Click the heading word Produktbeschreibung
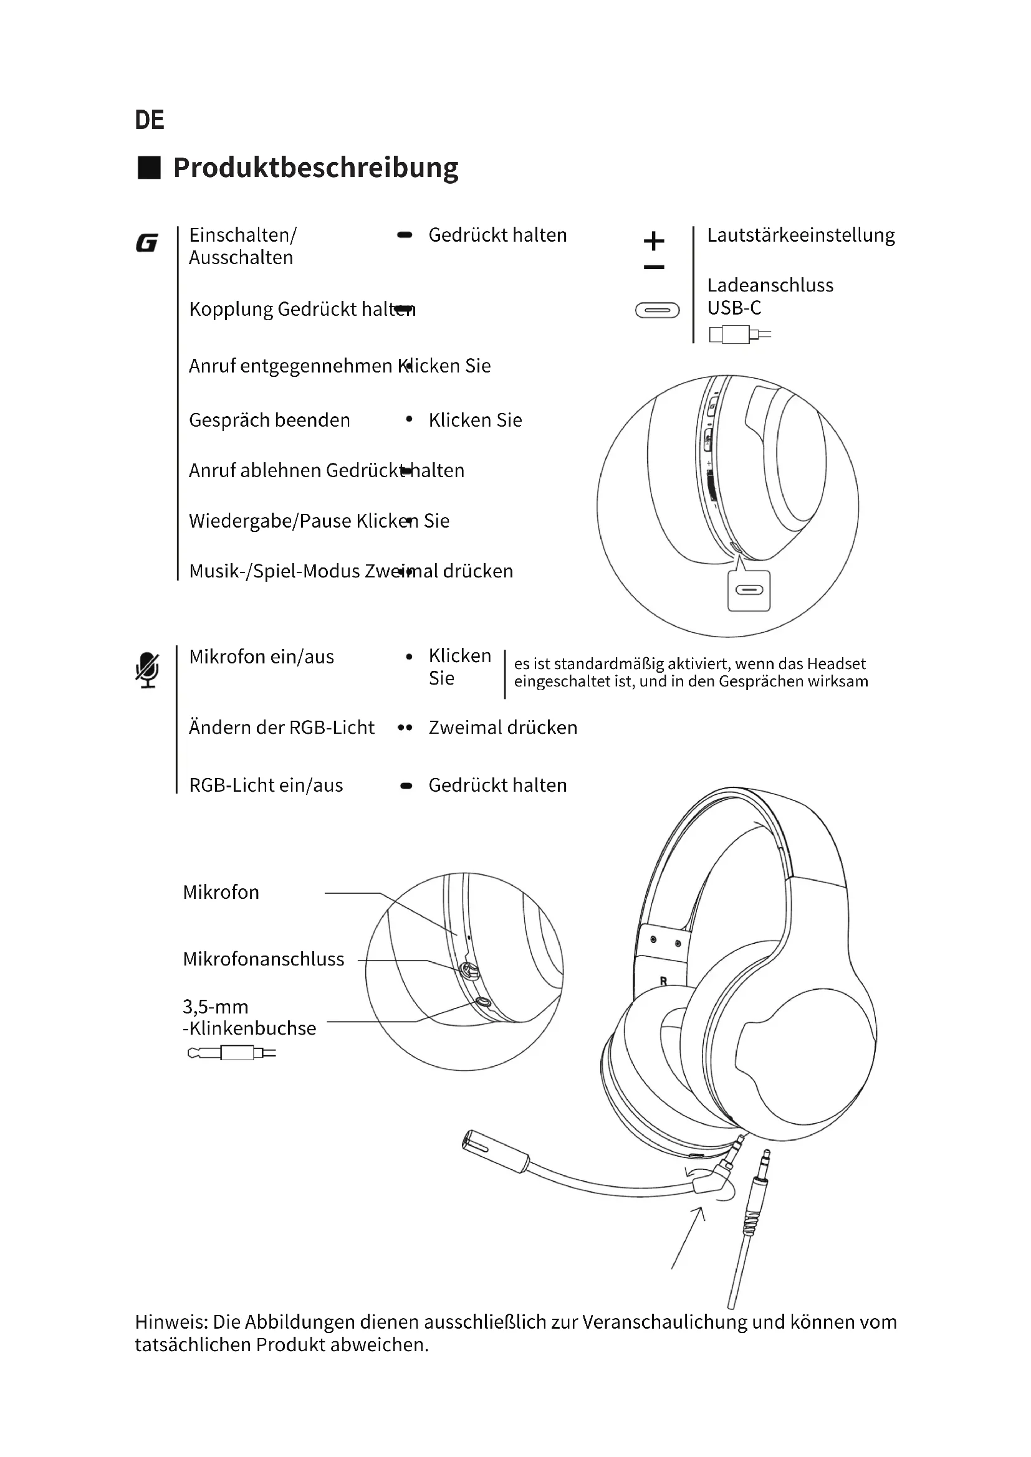click(315, 168)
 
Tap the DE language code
click(149, 120)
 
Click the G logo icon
click(146, 243)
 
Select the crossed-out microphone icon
click(147, 670)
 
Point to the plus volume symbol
click(654, 241)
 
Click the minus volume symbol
click(654, 267)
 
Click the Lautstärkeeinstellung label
click(800, 235)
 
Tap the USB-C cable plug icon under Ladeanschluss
click(739, 334)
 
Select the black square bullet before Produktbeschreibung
click(149, 168)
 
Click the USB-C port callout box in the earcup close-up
click(749, 591)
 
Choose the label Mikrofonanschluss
click(264, 959)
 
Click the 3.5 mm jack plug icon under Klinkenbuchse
click(232, 1053)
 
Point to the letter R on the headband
click(663, 981)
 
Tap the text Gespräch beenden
click(269, 420)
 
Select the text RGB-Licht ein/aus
click(266, 785)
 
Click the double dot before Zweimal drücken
click(405, 728)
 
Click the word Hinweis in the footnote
click(170, 1322)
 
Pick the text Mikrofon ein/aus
click(262, 657)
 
